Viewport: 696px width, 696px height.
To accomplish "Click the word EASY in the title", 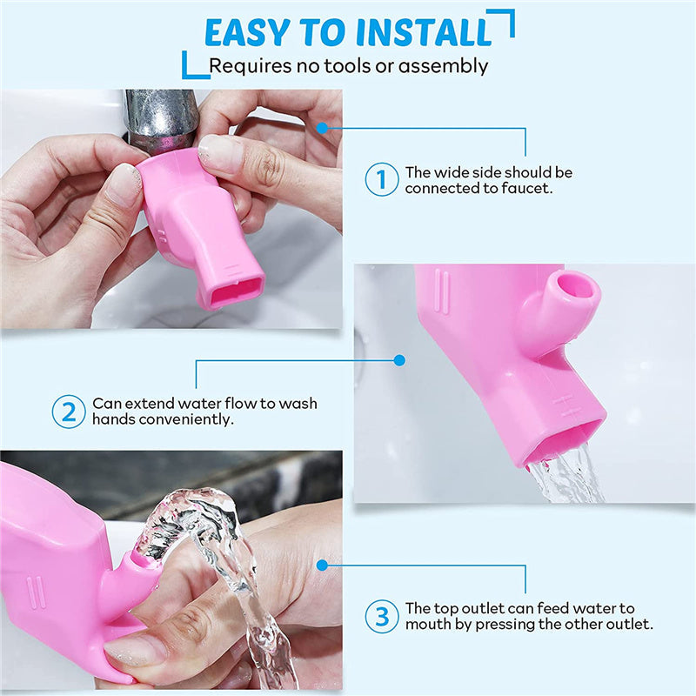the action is [247, 33].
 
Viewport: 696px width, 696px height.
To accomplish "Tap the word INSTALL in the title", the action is [424, 33].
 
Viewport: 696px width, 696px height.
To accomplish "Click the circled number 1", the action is [381, 179].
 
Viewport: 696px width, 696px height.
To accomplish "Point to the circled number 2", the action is [69, 412].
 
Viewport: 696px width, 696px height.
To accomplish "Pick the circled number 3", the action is [381, 616].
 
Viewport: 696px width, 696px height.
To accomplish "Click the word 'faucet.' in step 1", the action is [527, 188].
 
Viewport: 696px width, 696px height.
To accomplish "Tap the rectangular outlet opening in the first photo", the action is [233, 291].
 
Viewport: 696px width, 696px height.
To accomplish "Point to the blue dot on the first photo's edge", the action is [322, 128].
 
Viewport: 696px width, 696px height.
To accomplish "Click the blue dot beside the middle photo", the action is [399, 360].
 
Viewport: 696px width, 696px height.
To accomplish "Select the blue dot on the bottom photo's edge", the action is [322, 565].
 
